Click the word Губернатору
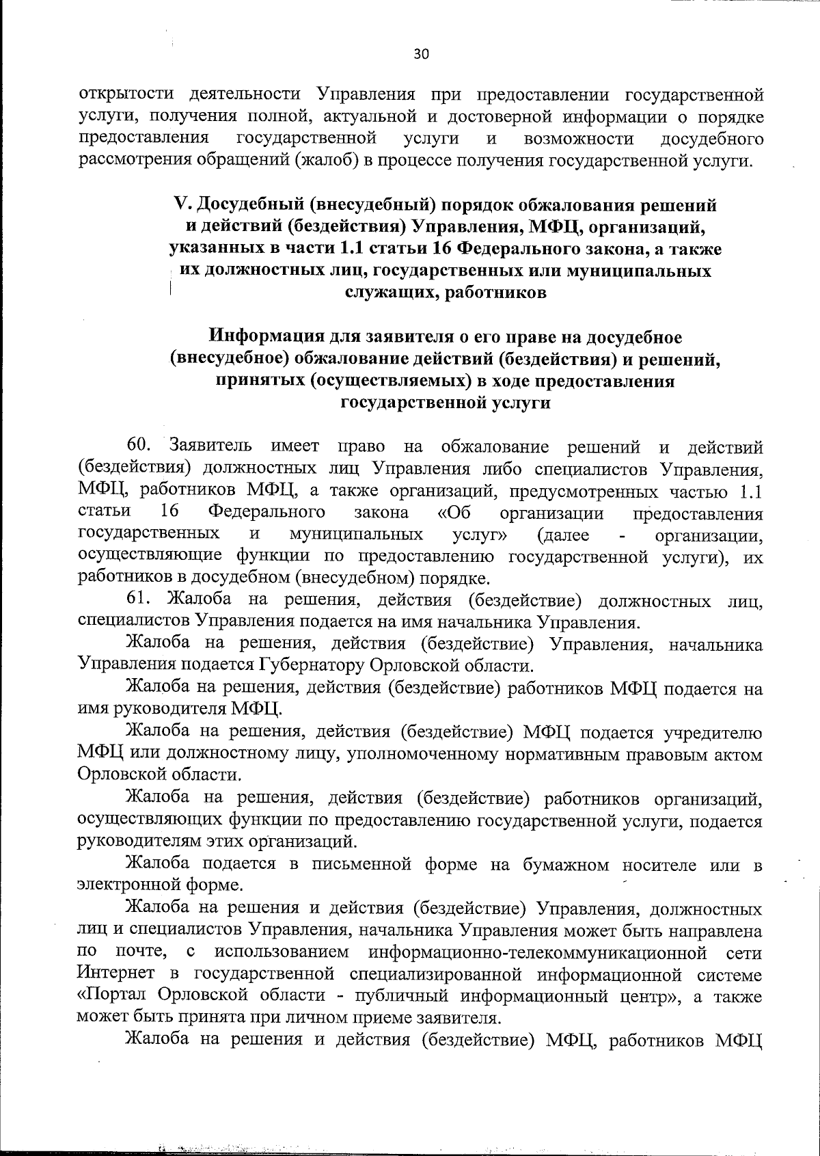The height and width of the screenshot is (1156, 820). tap(312, 665)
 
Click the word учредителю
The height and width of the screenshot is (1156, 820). tap(713, 734)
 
